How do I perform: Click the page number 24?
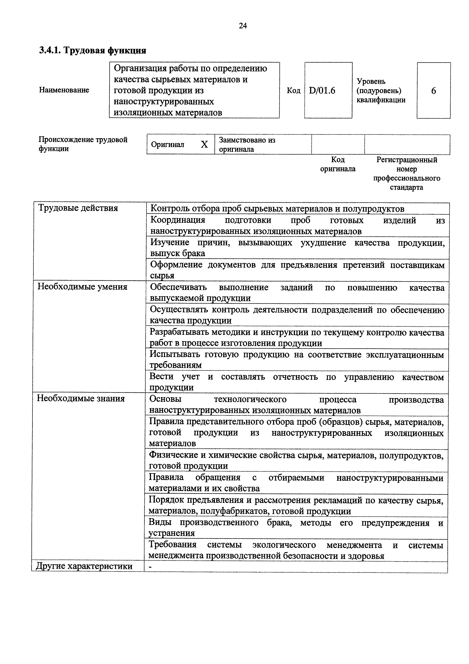point(243,26)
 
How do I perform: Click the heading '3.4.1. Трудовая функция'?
point(93,51)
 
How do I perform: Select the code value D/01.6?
point(322,91)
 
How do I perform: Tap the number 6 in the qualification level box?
point(433,91)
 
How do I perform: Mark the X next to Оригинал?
point(204,144)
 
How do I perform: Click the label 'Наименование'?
point(64,90)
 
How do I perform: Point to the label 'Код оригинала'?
point(338,164)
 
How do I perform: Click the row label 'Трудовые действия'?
point(78,208)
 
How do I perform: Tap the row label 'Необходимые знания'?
point(81,398)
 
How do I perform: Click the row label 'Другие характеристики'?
point(84,566)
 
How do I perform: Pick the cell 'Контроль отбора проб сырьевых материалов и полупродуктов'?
point(277,209)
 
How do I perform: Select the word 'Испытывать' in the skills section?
point(175,354)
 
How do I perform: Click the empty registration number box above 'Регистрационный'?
point(407,144)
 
